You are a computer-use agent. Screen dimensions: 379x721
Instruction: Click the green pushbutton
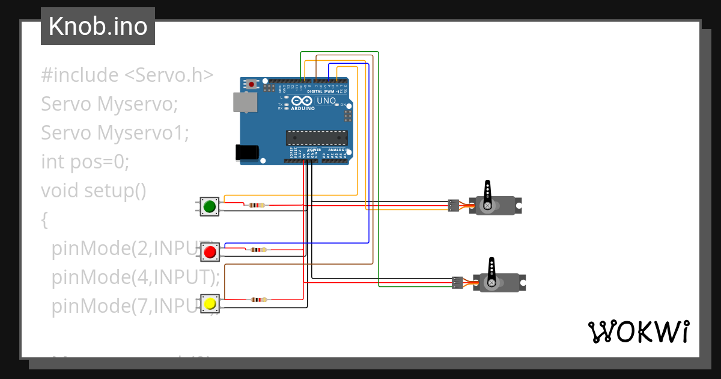coord(210,207)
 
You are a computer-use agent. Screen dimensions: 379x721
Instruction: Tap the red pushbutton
coord(210,252)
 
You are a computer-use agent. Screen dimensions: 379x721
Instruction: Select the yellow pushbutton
coord(210,303)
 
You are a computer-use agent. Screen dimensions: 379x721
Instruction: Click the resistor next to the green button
coord(257,205)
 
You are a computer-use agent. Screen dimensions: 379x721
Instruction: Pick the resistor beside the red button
coord(259,249)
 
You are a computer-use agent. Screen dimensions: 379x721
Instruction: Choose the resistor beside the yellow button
coord(259,299)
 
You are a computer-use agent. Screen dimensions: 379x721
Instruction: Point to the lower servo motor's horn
coord(491,270)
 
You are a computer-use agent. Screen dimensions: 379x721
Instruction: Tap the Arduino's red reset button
coord(251,85)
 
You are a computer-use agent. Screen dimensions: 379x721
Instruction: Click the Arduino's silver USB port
coord(244,103)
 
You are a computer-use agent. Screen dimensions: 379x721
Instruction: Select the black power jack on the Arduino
coord(246,152)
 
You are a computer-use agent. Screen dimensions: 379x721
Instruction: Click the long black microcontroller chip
coord(316,138)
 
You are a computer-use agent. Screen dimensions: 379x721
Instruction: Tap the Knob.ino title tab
coord(98,26)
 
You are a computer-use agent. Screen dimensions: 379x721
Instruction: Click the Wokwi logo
coord(637,331)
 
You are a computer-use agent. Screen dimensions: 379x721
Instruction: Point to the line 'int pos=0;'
coord(85,162)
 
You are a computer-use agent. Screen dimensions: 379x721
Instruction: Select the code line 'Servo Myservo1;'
coord(115,133)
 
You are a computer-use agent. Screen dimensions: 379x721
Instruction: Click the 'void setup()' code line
coord(94,191)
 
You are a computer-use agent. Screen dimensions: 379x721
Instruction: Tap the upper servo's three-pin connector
coord(454,206)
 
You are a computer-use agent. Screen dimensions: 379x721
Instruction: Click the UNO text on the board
coord(326,100)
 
